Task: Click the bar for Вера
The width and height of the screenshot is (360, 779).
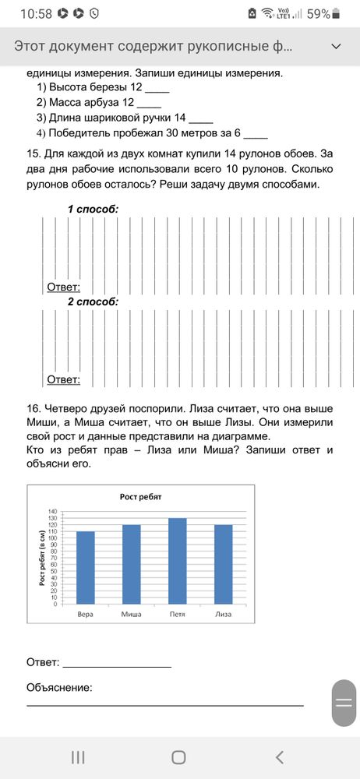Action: tap(86, 567)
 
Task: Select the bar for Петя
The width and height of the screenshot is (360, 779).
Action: tap(178, 561)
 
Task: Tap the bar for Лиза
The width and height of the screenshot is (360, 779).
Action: tap(224, 564)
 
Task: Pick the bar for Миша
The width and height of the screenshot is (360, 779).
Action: tap(132, 564)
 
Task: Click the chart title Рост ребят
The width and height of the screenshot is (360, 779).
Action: tap(140, 497)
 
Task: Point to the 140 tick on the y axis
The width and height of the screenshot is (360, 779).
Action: tap(53, 511)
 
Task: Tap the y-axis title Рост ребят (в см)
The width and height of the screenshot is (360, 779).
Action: tap(41, 558)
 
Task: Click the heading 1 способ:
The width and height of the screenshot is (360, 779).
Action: tap(93, 210)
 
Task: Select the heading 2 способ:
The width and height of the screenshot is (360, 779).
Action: tap(93, 301)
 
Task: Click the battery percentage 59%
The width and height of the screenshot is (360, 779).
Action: tap(318, 13)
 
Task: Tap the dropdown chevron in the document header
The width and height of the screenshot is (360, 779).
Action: tap(337, 47)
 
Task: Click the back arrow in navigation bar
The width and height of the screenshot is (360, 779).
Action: tap(280, 756)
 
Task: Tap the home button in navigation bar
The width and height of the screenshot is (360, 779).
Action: tap(178, 756)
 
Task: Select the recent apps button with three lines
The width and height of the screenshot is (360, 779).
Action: tap(78, 756)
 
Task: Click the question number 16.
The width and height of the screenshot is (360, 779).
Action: tap(33, 407)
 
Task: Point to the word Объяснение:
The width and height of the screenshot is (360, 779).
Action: tap(59, 688)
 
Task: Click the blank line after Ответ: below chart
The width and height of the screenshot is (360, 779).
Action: tap(117, 664)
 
